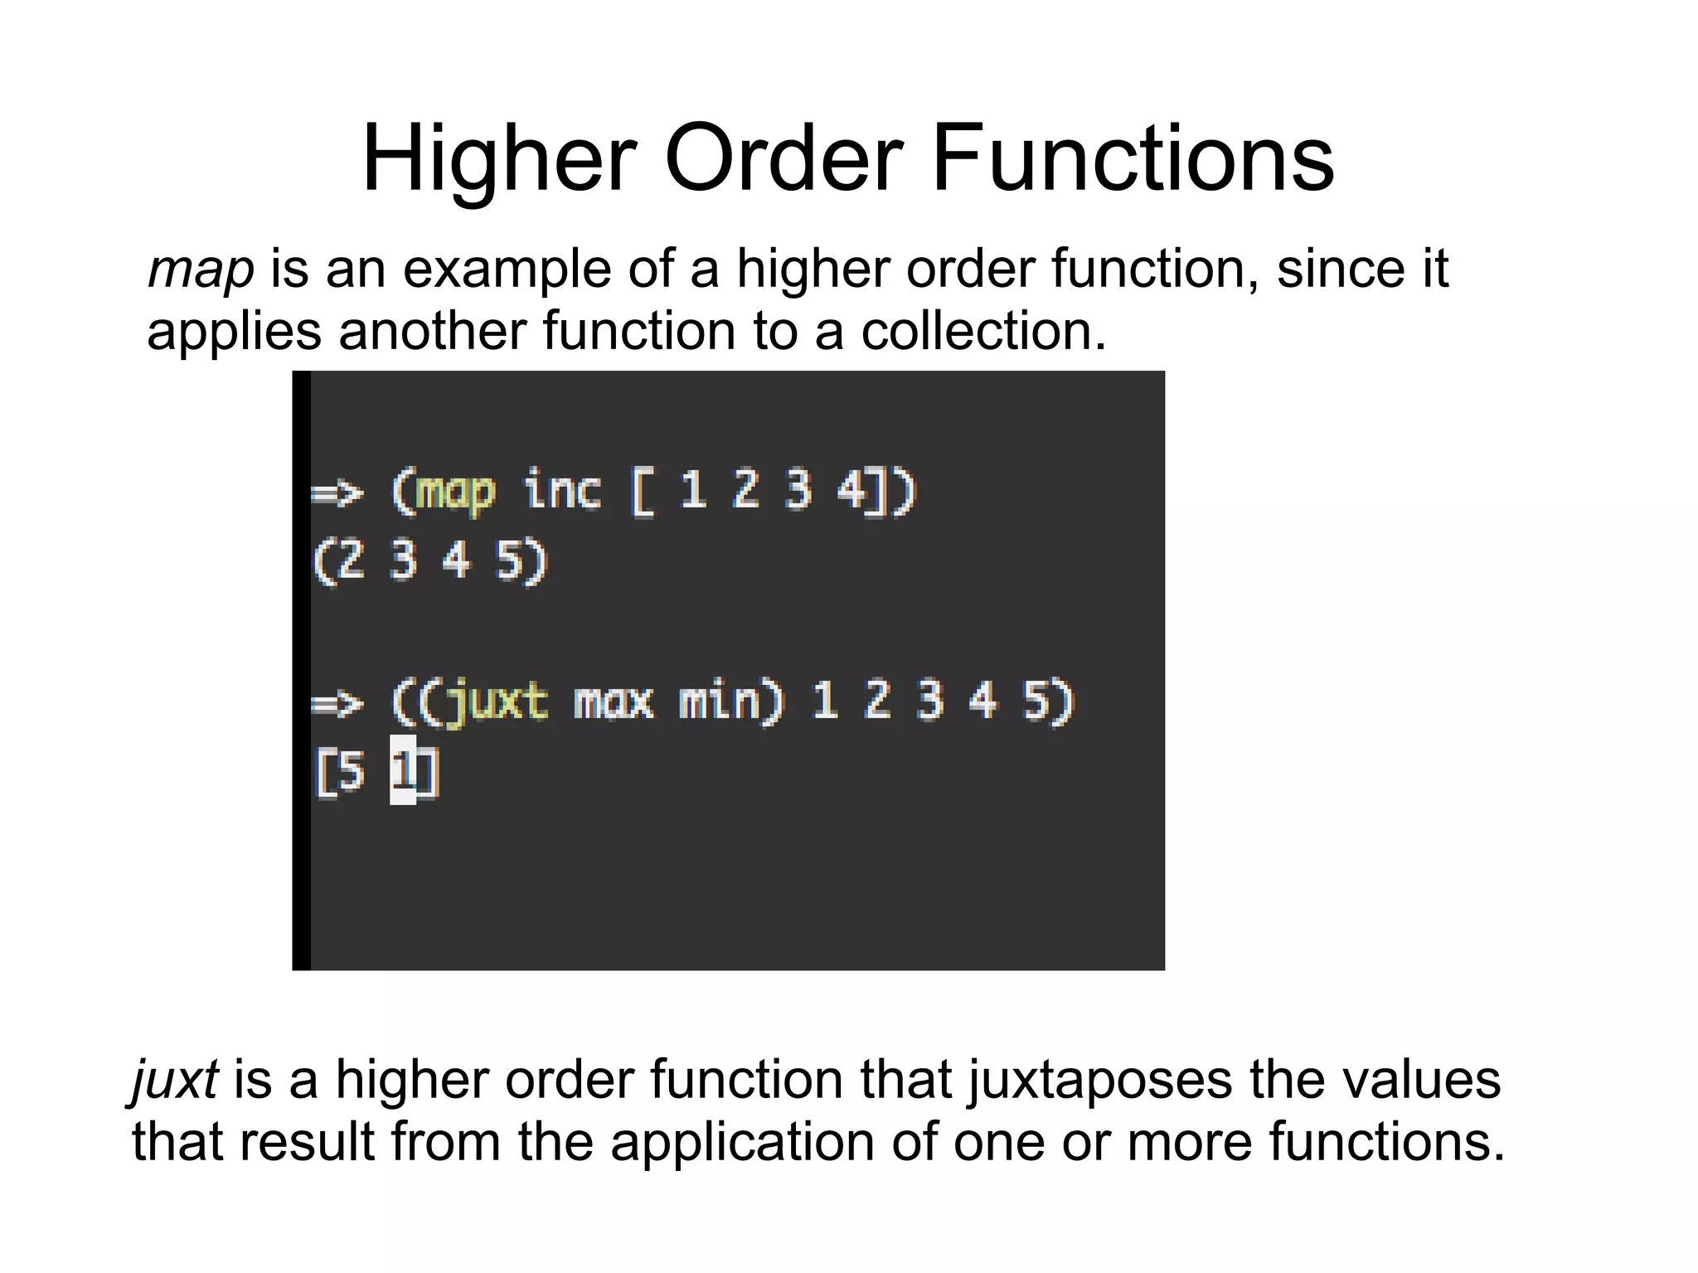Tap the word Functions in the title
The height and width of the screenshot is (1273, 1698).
click(x=1133, y=158)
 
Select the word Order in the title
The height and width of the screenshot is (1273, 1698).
click(x=783, y=158)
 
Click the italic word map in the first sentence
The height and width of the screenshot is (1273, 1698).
click(x=201, y=270)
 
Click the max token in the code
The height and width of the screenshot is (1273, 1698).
click(x=613, y=703)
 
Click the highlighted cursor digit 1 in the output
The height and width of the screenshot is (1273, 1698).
click(x=403, y=770)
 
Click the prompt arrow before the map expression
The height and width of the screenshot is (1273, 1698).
click(x=337, y=493)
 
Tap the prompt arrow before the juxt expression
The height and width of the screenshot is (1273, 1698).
click(x=337, y=704)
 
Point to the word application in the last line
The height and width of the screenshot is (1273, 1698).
click(x=741, y=1142)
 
